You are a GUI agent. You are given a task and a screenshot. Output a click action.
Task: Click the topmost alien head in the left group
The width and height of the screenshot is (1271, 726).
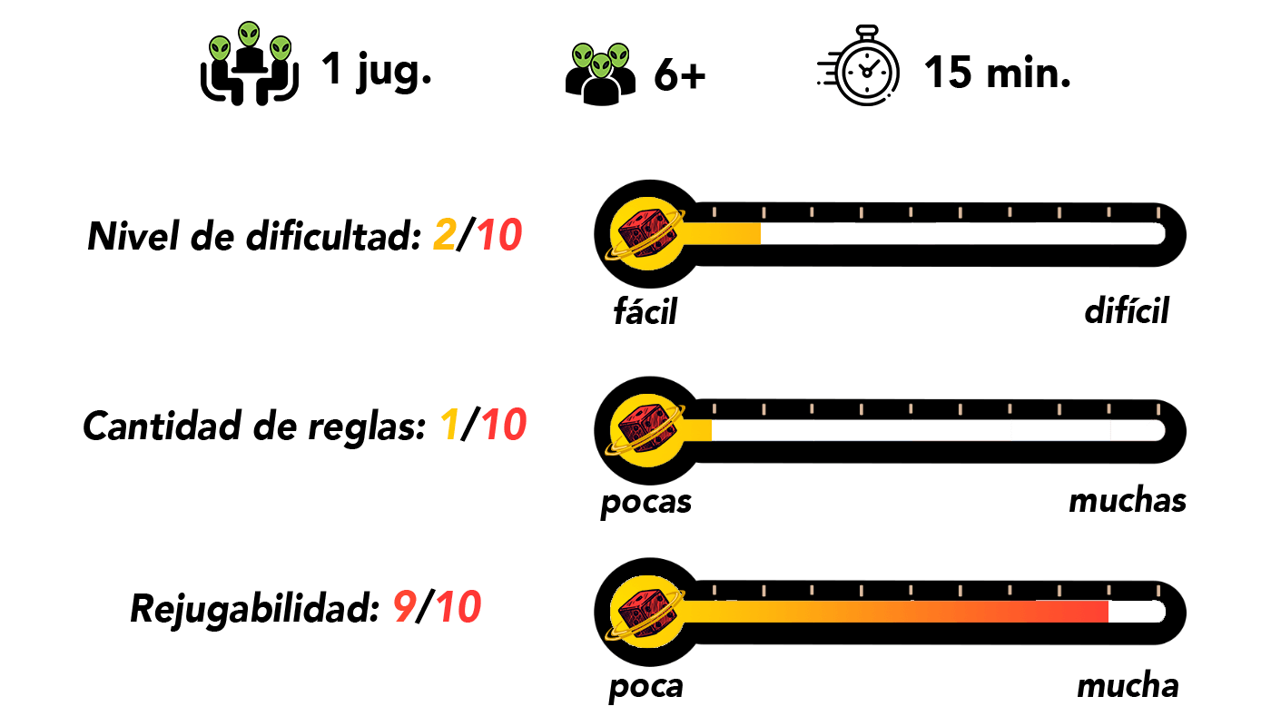[x=249, y=34]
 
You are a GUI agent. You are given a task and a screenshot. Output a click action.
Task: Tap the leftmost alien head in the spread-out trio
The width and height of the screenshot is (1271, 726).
[x=220, y=49]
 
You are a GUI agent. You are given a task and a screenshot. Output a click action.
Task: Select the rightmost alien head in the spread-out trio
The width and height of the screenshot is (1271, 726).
[x=281, y=49]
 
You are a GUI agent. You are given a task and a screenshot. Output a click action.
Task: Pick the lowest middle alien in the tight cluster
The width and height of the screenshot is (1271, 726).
[x=601, y=65]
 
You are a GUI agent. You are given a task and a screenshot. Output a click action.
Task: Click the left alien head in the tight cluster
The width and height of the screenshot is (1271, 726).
[x=583, y=56]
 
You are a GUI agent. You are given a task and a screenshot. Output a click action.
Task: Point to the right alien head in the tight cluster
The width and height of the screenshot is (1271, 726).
[x=618, y=56]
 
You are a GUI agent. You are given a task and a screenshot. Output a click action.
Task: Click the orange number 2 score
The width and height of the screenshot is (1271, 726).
[x=445, y=236]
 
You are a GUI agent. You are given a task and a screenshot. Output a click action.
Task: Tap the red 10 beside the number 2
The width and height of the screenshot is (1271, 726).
[x=499, y=236]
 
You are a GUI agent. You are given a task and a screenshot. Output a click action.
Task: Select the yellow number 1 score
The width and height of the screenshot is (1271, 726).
[x=449, y=425]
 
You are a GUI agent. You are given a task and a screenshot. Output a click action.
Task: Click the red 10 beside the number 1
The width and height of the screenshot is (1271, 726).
[x=504, y=425]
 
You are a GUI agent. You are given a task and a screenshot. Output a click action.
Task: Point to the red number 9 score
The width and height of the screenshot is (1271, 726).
[x=404, y=607]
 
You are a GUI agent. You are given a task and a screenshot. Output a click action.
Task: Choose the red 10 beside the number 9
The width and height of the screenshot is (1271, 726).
[x=458, y=607]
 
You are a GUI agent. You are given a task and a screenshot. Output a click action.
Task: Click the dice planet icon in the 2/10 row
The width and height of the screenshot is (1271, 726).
[x=645, y=234]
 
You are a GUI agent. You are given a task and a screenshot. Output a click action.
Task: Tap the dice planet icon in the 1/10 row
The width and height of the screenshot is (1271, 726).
[x=645, y=430]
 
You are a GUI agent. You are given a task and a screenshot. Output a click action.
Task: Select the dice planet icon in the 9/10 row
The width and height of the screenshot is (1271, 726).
[x=645, y=612]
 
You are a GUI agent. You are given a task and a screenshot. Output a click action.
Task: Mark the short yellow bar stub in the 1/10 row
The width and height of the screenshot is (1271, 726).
[x=699, y=430]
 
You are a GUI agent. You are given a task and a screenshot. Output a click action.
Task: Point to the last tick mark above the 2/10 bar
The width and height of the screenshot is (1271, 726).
[x=1158, y=212]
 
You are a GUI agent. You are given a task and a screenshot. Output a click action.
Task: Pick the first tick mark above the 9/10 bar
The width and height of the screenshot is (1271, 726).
[x=714, y=591]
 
